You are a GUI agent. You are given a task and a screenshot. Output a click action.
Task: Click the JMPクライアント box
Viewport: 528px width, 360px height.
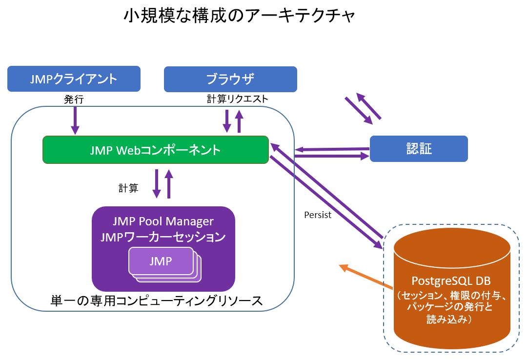74,79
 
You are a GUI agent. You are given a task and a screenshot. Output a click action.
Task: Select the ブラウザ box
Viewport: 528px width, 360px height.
230,79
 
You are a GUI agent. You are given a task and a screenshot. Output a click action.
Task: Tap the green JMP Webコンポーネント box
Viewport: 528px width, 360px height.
156,150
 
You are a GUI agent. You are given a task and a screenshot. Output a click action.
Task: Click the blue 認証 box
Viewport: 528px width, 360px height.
419,148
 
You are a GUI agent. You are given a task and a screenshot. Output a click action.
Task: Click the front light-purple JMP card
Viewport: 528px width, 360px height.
161,261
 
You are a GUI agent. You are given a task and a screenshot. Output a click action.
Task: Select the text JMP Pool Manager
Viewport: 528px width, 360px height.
163,221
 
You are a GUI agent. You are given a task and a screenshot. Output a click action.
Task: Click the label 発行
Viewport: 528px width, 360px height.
74,100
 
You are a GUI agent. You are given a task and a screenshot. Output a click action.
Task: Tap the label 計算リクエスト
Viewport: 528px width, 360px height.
237,99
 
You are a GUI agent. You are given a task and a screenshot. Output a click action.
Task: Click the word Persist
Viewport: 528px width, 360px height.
317,215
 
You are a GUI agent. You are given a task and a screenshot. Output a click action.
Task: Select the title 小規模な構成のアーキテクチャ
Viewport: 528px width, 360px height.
239,17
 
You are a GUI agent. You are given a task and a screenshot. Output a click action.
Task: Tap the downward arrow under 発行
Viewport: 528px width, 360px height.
75,120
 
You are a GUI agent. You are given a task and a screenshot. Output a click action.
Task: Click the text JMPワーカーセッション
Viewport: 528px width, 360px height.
163,238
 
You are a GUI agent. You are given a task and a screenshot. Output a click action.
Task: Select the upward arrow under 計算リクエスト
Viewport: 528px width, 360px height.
239,121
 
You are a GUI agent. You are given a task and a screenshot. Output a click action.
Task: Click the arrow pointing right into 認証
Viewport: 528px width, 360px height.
332,157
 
